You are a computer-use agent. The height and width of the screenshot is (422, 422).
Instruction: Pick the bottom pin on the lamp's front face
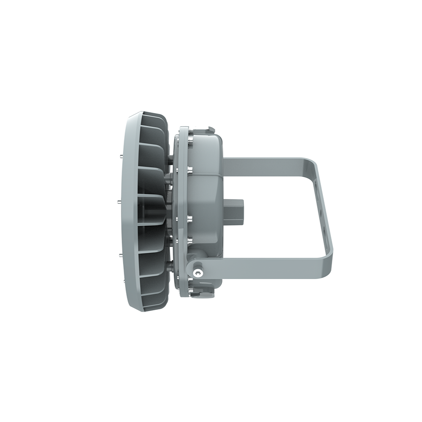point(120,253)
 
